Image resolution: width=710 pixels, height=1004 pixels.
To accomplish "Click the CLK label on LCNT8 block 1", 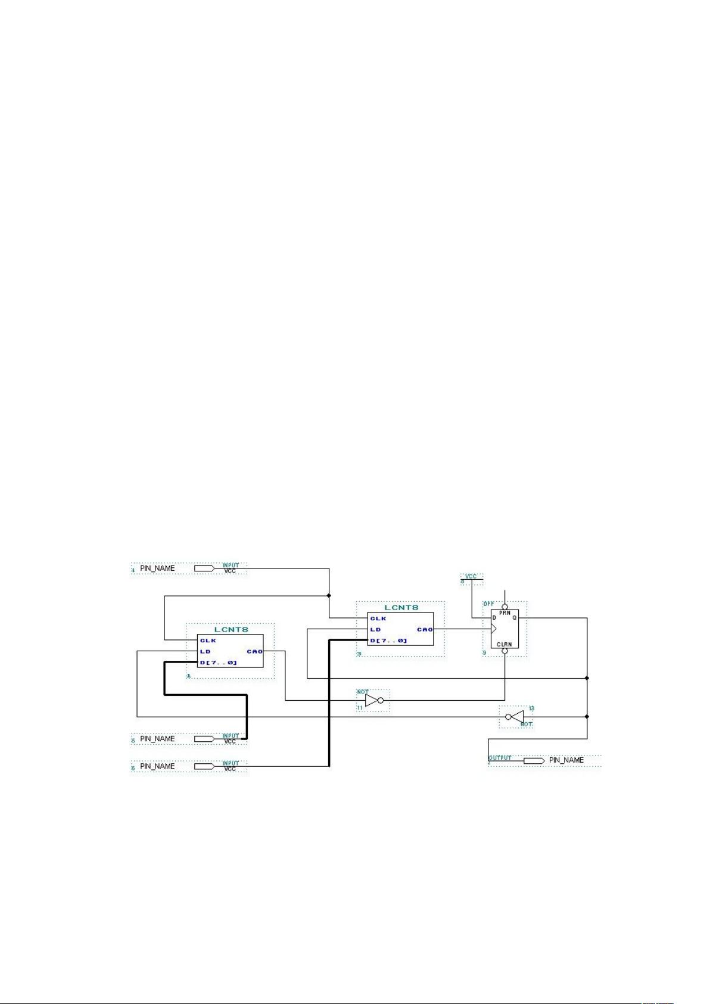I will click(208, 641).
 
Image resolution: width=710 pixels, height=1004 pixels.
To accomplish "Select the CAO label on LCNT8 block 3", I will click(425, 629).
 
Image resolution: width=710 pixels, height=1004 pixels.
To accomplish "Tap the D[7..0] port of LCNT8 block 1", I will click(218, 663).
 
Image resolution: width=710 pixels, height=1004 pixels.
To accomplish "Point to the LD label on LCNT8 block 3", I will click(375, 629).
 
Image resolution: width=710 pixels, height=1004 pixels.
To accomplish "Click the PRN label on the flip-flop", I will click(505, 613).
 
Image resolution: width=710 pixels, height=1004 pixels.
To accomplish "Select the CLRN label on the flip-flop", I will click(505, 644).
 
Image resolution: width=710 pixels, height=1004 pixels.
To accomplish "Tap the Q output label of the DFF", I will click(514, 618).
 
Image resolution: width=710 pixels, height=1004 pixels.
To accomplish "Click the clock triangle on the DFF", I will click(493, 629).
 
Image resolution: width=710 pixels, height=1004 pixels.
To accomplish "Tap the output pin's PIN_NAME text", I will click(566, 760).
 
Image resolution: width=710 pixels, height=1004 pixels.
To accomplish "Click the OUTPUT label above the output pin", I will click(500, 757).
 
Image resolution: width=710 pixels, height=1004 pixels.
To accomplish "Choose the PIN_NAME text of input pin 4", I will click(157, 568).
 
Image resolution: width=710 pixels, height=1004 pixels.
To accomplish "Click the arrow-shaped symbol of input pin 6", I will click(204, 766).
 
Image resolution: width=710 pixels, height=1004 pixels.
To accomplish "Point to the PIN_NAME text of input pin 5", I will click(157, 739).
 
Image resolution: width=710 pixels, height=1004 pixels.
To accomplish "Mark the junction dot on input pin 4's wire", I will click(329, 595).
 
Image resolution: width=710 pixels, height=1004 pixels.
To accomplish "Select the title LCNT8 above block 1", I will click(231, 629).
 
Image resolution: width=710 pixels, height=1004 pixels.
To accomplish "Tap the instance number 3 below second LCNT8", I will click(359, 654).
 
